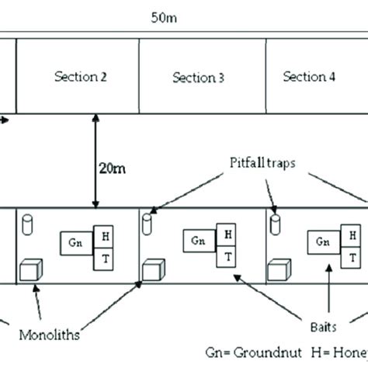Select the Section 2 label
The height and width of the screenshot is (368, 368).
[x=80, y=77]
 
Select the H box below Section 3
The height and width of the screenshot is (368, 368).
[x=227, y=233]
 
